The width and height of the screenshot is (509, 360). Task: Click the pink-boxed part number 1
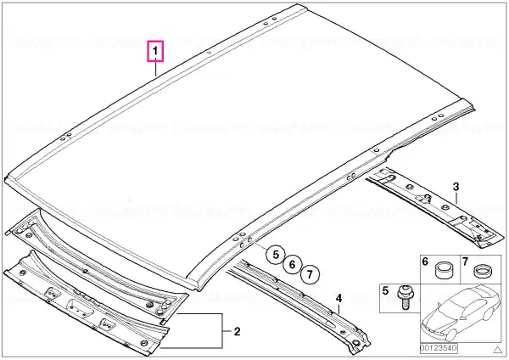point(155,51)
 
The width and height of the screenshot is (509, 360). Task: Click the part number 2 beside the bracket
point(238,332)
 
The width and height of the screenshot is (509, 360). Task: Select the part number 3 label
point(456,187)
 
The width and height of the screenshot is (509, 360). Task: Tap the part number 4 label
point(338,298)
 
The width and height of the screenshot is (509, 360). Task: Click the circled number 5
point(276,255)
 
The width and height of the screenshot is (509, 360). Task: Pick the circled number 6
point(292,265)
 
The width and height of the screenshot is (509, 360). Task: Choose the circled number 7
point(310,274)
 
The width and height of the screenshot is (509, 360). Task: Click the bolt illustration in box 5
point(404,297)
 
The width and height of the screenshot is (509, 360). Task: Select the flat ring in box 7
point(483,271)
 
